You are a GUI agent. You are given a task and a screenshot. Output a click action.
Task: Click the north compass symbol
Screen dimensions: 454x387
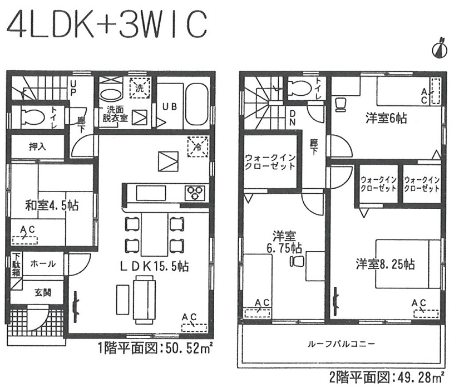[x=439, y=48]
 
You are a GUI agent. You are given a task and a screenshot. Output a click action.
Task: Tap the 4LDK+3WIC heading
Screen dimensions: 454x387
[x=107, y=24]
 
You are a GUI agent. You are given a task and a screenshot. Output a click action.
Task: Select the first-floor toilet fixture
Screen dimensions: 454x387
[x=33, y=117]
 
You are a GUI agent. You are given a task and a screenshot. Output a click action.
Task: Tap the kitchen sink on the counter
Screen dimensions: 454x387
[x=151, y=193]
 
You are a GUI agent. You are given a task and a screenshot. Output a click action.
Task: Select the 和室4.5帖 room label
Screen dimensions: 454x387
[x=52, y=205]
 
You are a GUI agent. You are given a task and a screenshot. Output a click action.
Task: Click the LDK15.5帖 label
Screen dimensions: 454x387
[x=154, y=266]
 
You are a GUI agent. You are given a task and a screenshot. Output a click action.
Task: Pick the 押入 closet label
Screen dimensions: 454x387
[x=37, y=146]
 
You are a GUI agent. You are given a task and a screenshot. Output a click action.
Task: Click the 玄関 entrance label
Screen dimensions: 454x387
[x=43, y=293]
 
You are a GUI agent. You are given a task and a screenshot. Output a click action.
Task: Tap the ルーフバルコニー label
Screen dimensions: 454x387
[x=341, y=344]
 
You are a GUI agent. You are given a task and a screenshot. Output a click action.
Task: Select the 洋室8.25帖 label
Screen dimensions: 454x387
[x=386, y=264]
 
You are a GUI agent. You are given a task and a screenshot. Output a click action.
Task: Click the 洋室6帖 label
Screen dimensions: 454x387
[x=386, y=118]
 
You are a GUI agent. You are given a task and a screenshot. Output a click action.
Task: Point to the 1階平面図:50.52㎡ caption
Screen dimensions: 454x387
[x=156, y=348]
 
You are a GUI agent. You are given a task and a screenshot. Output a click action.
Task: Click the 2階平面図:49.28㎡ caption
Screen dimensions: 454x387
[x=387, y=377]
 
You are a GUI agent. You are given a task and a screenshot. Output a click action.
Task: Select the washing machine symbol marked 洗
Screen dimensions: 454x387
[x=140, y=88]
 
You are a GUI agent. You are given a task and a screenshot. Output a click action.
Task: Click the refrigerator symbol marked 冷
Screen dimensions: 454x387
[x=198, y=146]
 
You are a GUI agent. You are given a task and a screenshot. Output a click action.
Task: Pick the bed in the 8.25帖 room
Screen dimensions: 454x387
[x=408, y=263]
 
